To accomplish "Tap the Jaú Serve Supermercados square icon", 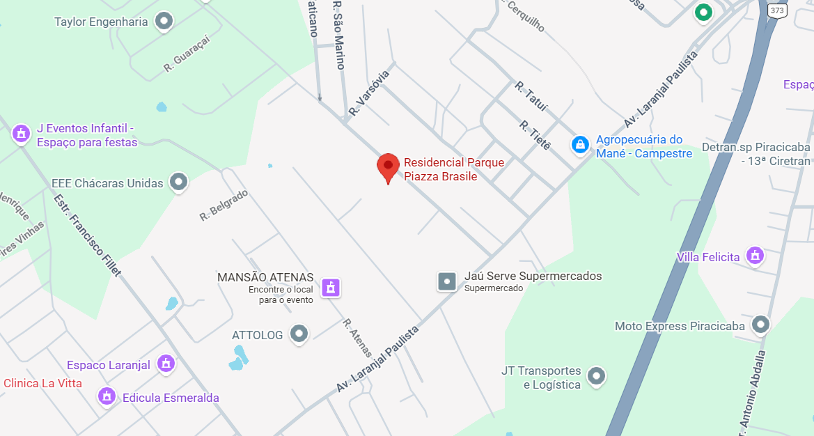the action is point(446,281).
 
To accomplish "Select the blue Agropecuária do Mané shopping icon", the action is point(579,145).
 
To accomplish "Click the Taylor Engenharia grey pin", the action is point(164,22).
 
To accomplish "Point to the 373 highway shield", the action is point(777,10).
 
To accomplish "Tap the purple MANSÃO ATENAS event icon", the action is point(331,286).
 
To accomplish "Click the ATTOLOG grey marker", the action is point(299,334).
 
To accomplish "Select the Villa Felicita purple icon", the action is point(754,256).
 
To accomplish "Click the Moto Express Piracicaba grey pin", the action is point(761,325).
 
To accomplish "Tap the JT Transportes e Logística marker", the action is point(596,377).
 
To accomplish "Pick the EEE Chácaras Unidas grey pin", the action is point(179,182).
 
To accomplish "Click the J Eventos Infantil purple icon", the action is point(22,132).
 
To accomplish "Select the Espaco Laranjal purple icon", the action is point(166,364).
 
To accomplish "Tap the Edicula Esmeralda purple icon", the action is point(107,396).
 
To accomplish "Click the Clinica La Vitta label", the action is point(42,383).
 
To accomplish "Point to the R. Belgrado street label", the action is point(224,205).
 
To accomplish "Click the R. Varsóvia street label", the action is point(369,92).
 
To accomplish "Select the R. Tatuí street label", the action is point(531,97).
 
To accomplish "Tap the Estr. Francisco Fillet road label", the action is point(87,235).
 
